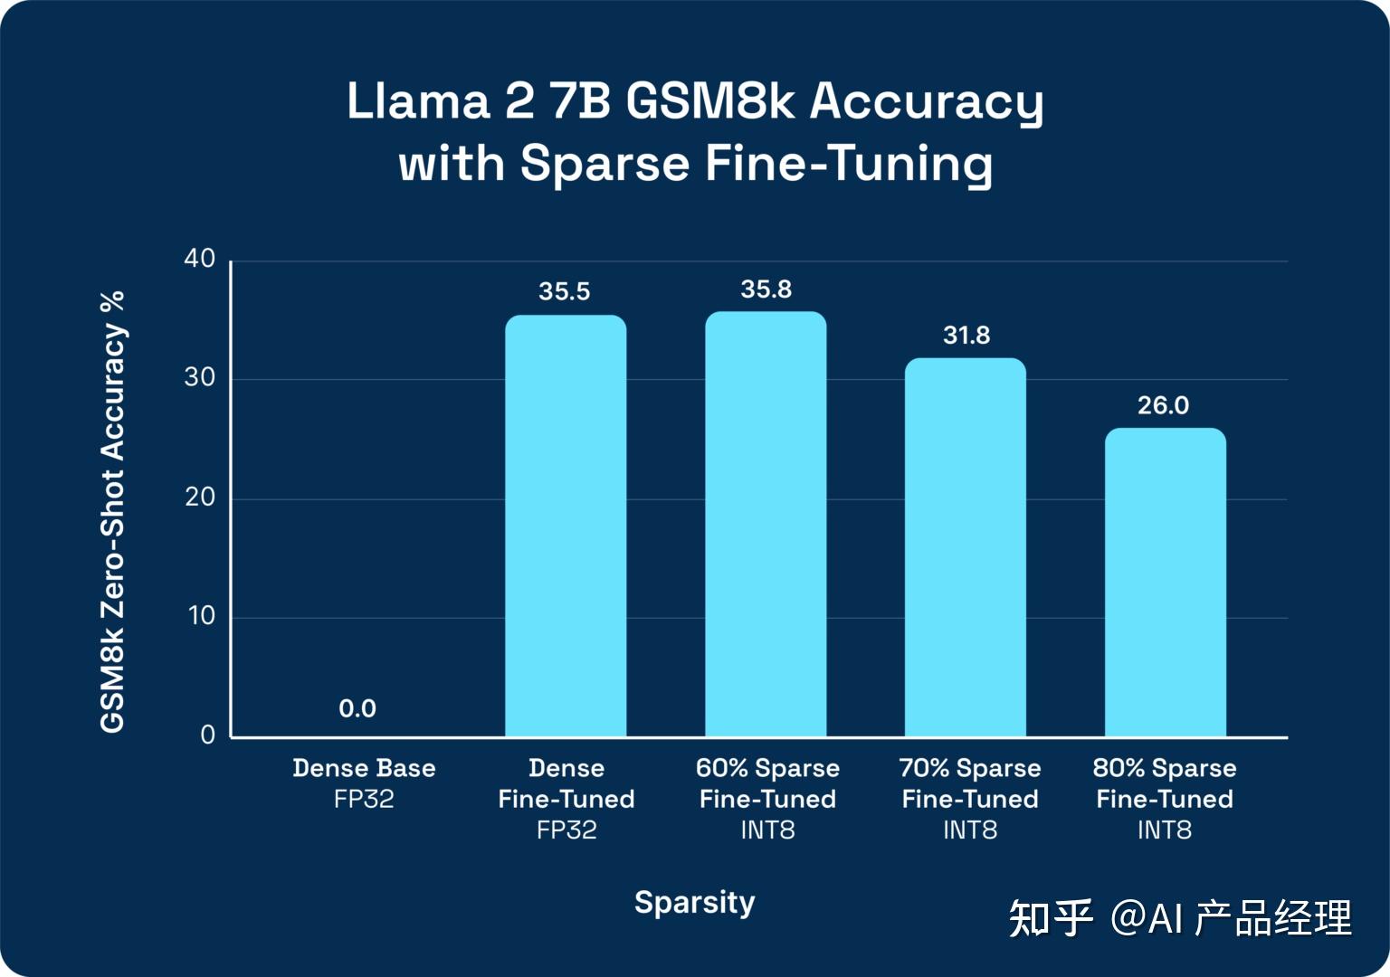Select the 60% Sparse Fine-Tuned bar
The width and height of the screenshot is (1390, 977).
[x=766, y=524]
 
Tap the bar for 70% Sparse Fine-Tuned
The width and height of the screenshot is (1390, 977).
[x=966, y=547]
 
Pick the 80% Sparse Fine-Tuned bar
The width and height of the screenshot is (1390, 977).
[x=1166, y=583]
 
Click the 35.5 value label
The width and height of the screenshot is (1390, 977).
[x=564, y=291]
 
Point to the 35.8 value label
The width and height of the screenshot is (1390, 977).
[x=766, y=289]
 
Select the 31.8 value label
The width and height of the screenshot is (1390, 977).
[x=966, y=336]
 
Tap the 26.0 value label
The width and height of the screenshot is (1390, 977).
[x=1163, y=405]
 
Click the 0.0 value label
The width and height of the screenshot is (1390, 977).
[x=357, y=708]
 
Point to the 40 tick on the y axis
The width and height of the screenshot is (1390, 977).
[x=200, y=259]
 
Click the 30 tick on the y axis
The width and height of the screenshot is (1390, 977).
[x=200, y=377]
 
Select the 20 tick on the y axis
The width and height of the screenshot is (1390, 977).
[x=200, y=497]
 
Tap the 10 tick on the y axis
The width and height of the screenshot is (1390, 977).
[x=201, y=616]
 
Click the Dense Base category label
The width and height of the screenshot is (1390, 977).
[x=364, y=768]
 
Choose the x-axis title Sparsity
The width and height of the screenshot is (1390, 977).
[x=694, y=902]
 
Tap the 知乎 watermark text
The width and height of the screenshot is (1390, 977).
[x=1051, y=918]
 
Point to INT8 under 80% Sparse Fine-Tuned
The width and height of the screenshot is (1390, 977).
[x=1164, y=830]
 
